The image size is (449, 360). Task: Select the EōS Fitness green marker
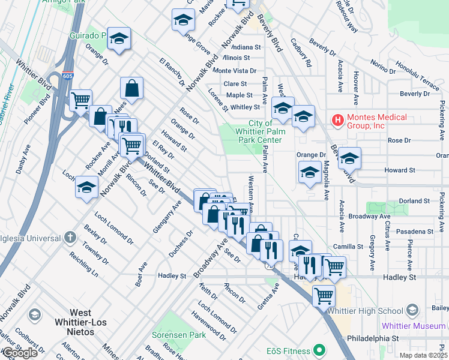pos(321,350)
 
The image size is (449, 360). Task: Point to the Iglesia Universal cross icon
pos(70,236)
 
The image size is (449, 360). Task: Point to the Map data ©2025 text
pos(423,355)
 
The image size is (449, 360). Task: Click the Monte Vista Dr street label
pos(235,71)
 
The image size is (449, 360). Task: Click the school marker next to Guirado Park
pos(119,38)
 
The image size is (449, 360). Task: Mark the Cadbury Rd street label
pos(301,53)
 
